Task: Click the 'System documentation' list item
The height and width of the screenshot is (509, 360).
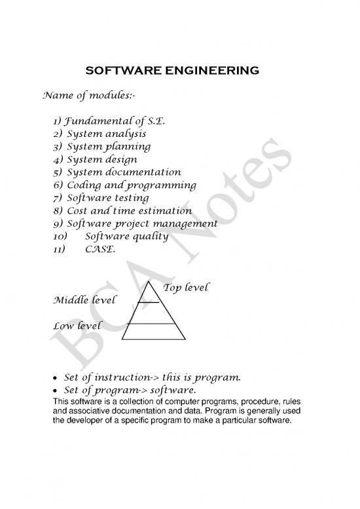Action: tap(124, 172)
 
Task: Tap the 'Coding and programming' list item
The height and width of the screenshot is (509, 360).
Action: tap(131, 185)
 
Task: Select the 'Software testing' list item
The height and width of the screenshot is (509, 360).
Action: tap(108, 198)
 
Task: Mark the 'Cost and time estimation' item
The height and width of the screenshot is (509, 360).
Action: tap(130, 210)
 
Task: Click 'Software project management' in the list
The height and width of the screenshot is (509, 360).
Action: tap(142, 223)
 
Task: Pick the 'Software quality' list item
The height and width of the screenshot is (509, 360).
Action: tap(127, 236)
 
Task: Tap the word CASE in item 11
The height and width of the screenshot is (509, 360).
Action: tap(99, 249)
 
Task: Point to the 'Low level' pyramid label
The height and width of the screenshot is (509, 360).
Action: tap(77, 326)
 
